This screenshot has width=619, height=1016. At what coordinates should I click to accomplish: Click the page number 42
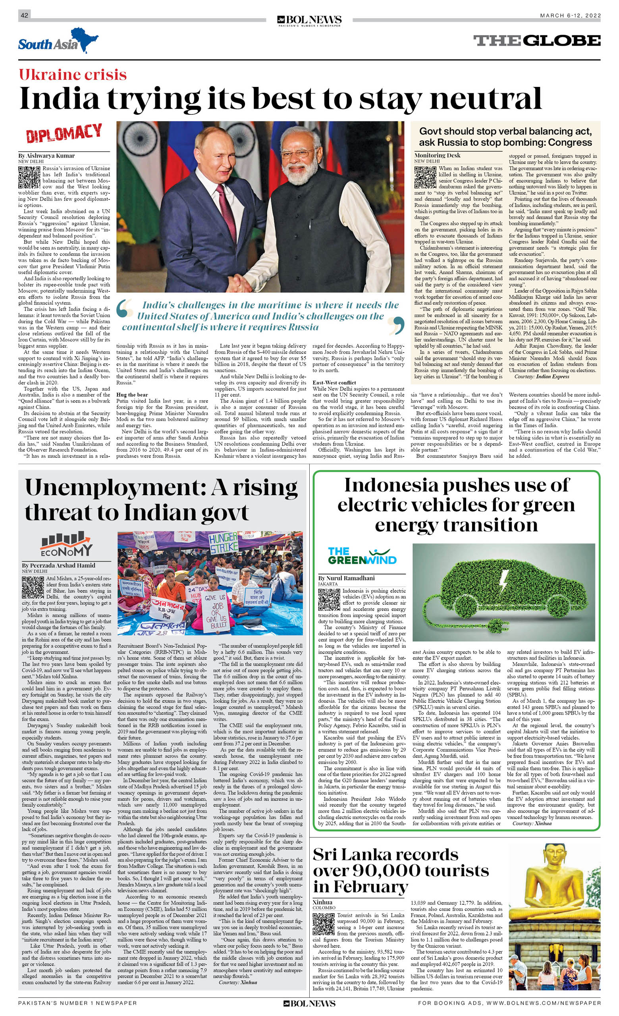point(24,15)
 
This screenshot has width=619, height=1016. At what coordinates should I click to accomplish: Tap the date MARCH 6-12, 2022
point(570,15)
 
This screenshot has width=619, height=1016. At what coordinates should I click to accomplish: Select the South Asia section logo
point(58,41)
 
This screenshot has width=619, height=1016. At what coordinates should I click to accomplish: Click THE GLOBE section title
point(536,40)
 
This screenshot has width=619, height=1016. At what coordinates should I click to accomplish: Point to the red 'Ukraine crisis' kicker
point(73,75)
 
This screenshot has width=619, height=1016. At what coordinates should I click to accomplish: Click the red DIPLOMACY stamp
point(64,133)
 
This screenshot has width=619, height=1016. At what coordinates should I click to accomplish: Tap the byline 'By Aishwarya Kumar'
point(46,156)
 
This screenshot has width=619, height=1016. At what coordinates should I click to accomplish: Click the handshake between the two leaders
point(241,282)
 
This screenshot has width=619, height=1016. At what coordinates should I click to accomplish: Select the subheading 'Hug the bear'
point(132,395)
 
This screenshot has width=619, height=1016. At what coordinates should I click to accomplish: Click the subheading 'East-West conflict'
point(334,383)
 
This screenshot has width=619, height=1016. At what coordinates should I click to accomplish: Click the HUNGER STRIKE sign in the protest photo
point(223,542)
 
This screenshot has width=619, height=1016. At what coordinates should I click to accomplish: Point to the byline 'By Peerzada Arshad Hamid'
point(58,565)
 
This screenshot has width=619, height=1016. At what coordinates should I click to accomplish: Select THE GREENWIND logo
point(362,556)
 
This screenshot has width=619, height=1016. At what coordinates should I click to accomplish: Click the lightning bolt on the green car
point(503,582)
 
